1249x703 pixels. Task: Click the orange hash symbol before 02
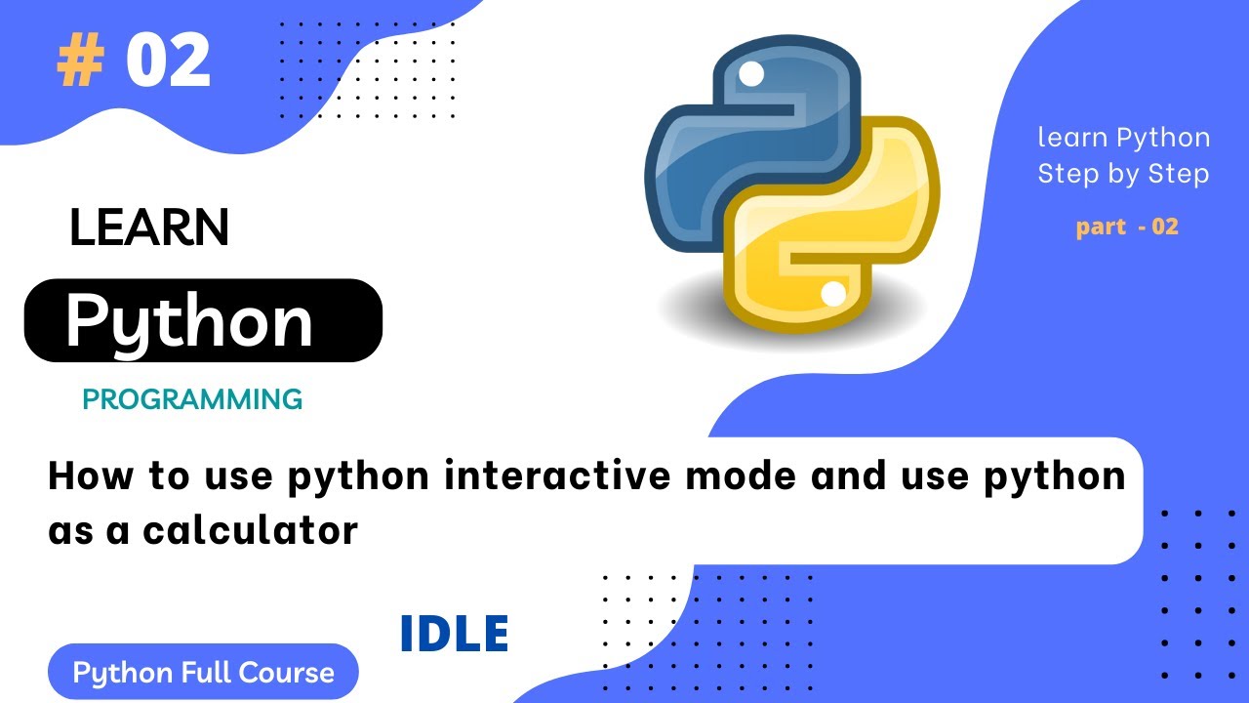click(79, 63)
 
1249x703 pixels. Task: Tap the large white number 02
click(168, 62)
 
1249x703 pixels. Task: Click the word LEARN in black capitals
click(149, 228)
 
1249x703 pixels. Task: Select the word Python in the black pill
click(189, 321)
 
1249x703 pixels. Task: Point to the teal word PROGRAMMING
click(192, 399)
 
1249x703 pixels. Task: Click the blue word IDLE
click(454, 636)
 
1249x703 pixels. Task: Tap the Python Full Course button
click(203, 673)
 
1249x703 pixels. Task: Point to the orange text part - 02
click(1127, 227)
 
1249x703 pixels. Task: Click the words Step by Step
click(1123, 174)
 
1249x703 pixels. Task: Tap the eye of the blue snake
click(751, 73)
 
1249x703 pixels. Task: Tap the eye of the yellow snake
click(833, 293)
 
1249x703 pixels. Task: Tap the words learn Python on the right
click(1123, 138)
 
